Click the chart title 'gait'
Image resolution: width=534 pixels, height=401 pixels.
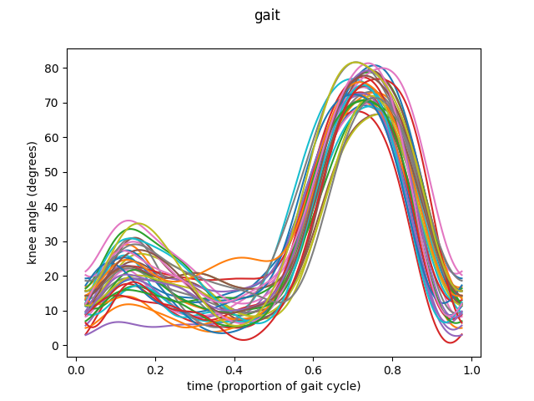pyautogui.click(x=267, y=15)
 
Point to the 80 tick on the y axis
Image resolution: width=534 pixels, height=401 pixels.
pyautogui.click(x=54, y=68)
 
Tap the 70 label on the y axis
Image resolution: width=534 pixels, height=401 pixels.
pyautogui.click(x=54, y=103)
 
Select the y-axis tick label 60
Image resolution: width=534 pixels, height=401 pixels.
pyautogui.click(x=54, y=137)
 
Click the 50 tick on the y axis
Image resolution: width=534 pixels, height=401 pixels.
pyautogui.click(x=54, y=172)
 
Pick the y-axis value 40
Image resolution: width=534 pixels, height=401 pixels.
pyautogui.click(x=54, y=207)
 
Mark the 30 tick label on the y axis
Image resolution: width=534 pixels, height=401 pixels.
pyautogui.click(x=54, y=241)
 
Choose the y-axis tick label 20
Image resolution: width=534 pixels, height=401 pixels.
pyautogui.click(x=54, y=277)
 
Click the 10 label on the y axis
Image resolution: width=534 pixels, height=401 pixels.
pyautogui.click(x=54, y=311)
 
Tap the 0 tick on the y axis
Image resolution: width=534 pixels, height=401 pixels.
pyautogui.click(x=58, y=346)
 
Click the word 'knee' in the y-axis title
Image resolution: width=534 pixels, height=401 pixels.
pyautogui.click(x=33, y=250)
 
